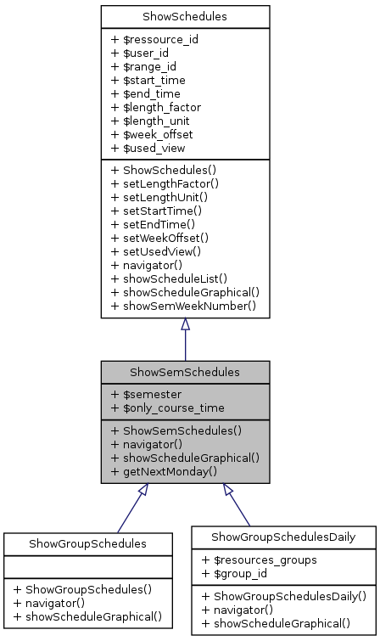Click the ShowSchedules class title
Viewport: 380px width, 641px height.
tap(185, 16)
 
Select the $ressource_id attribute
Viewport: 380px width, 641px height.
tap(148, 39)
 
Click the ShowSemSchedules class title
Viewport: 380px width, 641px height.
tap(185, 372)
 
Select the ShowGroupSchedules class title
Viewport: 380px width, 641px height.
tap(87, 543)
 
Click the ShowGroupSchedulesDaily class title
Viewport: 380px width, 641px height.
tap(282, 536)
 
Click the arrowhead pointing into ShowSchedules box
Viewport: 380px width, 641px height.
tap(185, 325)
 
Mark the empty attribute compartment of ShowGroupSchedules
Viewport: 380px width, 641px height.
tap(87, 565)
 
